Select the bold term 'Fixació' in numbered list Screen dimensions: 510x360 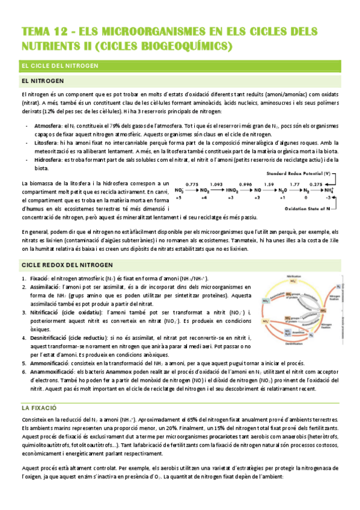click(39, 278)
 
